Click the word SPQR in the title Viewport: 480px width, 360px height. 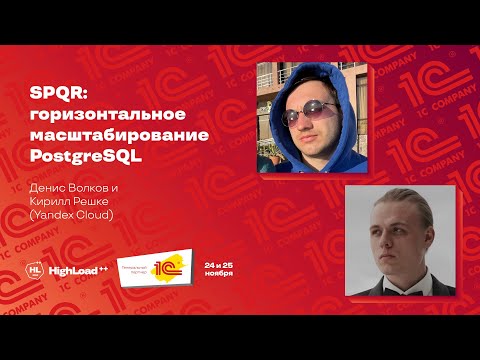50,94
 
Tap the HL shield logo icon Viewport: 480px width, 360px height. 37,270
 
